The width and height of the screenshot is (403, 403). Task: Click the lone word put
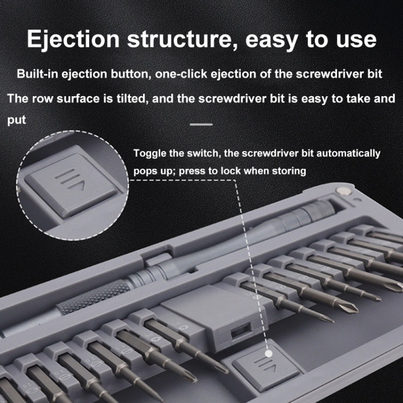(17, 120)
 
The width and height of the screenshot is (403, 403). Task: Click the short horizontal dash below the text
(201, 125)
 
